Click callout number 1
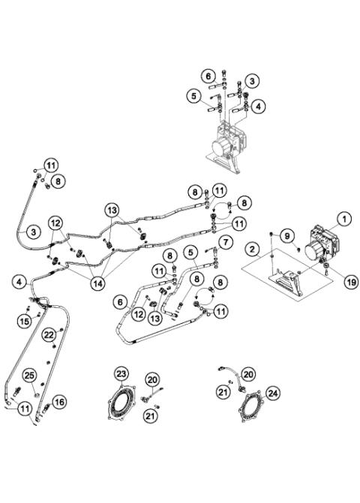pos(344,219)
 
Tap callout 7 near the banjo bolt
pos(223,241)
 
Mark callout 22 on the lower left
pos(48,334)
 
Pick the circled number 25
pos(29,375)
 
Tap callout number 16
pos(59,403)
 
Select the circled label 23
pos(122,372)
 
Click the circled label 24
pos(273,392)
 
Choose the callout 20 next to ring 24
pos(248,373)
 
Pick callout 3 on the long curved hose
pos(34,232)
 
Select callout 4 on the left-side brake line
pos(18,283)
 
